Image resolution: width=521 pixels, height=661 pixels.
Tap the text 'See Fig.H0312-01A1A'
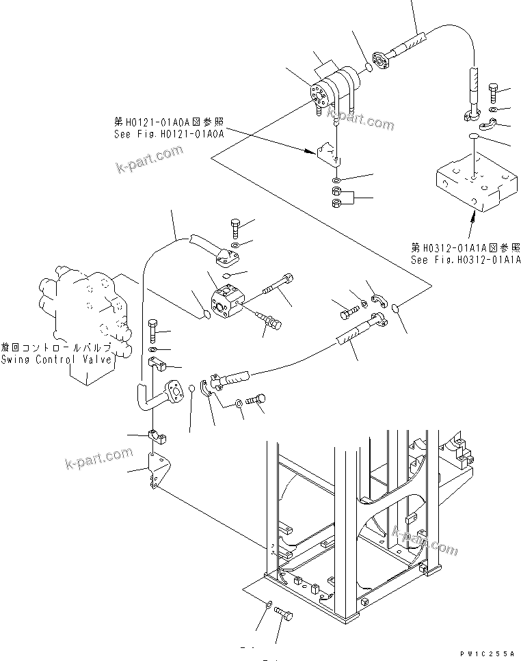(466, 260)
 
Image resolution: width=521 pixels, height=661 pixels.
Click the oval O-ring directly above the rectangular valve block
(472, 139)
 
